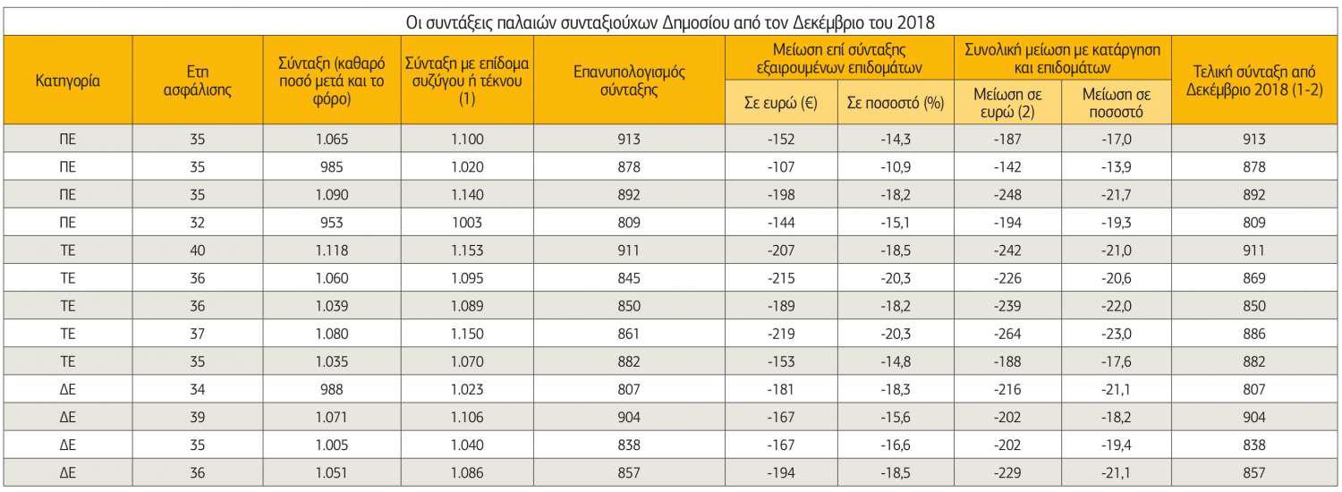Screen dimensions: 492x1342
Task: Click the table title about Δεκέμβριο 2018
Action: pos(671,20)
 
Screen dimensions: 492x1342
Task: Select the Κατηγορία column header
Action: pos(67,81)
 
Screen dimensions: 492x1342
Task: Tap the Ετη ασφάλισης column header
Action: pos(198,81)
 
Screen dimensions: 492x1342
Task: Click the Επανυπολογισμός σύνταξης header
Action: pos(630,81)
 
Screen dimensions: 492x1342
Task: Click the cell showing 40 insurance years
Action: pos(198,250)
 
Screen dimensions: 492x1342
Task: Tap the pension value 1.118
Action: pos(332,250)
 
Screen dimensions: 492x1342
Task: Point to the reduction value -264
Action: pos(1008,334)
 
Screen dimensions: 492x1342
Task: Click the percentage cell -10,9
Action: pos(896,166)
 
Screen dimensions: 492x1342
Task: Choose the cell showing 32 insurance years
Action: pos(198,223)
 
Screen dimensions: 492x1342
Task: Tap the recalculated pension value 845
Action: pos(630,278)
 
